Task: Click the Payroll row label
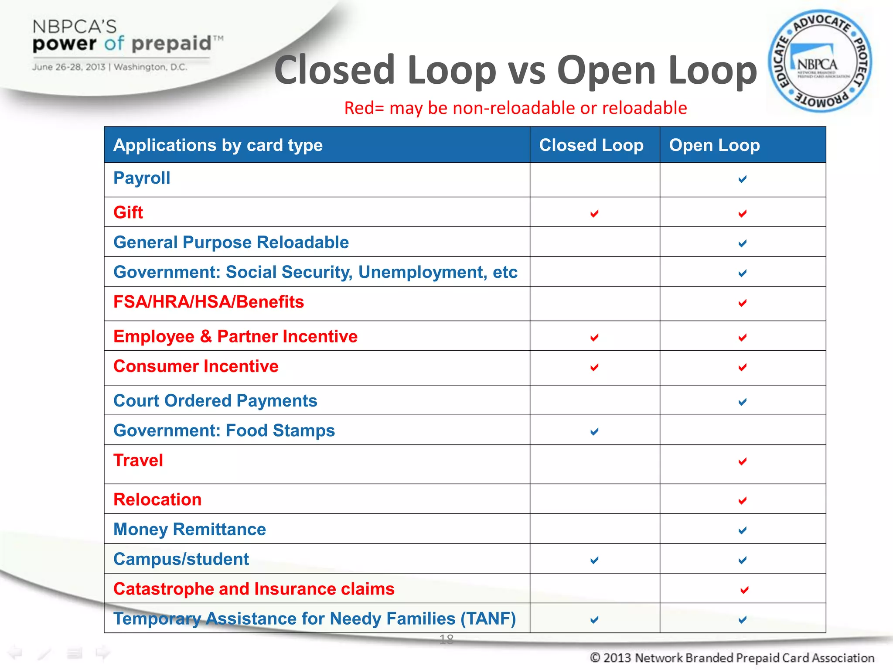point(142,178)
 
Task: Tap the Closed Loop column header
point(591,145)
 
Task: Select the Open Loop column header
point(714,145)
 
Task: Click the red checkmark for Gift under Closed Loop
point(594,213)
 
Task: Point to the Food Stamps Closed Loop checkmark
point(594,431)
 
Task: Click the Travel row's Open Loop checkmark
point(743,461)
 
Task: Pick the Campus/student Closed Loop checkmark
point(594,560)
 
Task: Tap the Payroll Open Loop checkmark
point(743,179)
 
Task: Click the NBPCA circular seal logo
point(820,61)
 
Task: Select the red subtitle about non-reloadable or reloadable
point(515,108)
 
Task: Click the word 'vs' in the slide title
point(527,71)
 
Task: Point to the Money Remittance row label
point(190,530)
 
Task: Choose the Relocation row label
point(157,500)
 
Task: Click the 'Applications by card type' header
point(218,145)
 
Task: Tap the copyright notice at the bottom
point(732,658)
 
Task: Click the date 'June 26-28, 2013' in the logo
point(68,67)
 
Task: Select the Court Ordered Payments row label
point(215,401)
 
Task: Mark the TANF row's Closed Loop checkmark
point(594,619)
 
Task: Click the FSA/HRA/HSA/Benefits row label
point(208,302)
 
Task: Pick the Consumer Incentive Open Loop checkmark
point(743,367)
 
